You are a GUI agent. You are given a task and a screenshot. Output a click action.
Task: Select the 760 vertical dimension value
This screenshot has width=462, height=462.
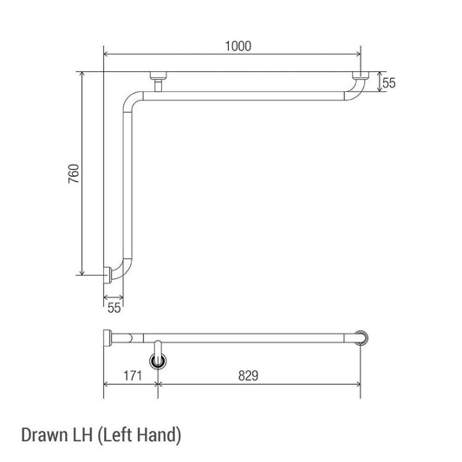pos(74,172)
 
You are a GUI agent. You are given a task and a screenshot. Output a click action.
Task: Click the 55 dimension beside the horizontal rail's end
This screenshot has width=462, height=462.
pos(389,83)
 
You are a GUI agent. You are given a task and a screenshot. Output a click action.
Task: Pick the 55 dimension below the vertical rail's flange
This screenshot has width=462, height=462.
pos(114,306)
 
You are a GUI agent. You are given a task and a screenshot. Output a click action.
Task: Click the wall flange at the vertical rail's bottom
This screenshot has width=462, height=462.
pos(107,276)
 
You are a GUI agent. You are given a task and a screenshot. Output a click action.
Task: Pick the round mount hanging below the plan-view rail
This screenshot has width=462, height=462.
pos(157,359)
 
